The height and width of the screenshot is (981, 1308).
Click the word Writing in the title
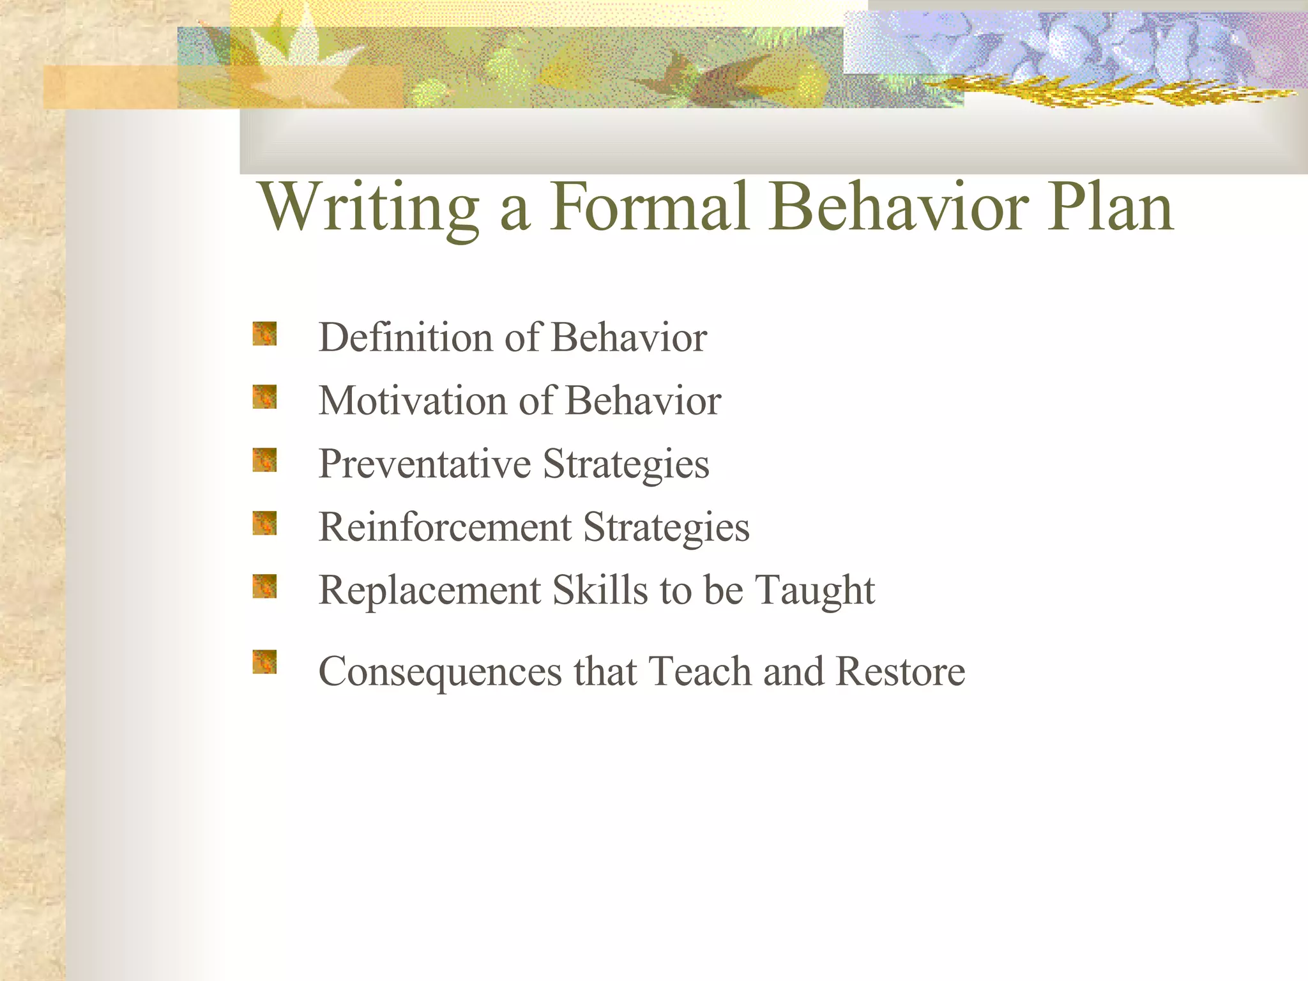point(369,208)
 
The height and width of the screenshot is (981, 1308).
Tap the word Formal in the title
point(650,208)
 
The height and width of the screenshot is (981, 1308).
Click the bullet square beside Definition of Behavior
point(264,333)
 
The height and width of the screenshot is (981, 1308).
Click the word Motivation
point(412,400)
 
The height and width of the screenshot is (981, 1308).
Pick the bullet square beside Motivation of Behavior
point(264,397)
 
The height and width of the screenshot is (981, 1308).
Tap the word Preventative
point(424,464)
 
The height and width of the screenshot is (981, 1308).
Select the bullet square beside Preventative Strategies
point(264,460)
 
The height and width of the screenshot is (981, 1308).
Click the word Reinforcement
point(445,527)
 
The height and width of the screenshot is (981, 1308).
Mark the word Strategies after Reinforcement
point(666,528)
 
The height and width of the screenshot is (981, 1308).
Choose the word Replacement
point(429,590)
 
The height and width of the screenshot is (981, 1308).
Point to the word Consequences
point(439,672)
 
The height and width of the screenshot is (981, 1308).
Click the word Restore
point(900,672)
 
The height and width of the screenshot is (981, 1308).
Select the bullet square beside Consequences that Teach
point(264,662)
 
